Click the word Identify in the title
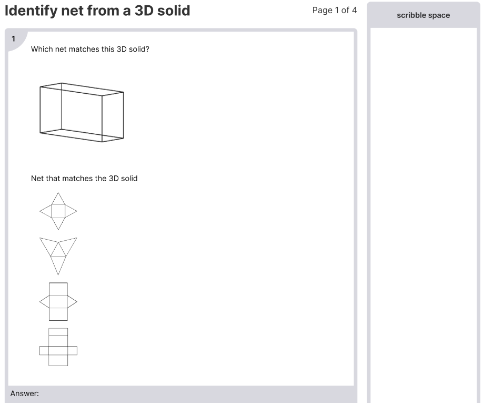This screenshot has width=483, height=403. click(31, 11)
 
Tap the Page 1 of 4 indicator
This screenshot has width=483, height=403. click(334, 11)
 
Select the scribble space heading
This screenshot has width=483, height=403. click(423, 15)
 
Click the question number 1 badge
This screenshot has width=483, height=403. click(14, 38)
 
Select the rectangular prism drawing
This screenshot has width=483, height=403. click(82, 112)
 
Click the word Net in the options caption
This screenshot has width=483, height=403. click(37, 179)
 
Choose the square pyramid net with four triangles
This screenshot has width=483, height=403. click(58, 211)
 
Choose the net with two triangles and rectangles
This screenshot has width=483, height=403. click(58, 301)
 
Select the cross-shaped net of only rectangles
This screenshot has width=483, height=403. click(58, 348)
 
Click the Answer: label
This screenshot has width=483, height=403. click(25, 394)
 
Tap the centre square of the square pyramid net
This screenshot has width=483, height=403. click(58, 211)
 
